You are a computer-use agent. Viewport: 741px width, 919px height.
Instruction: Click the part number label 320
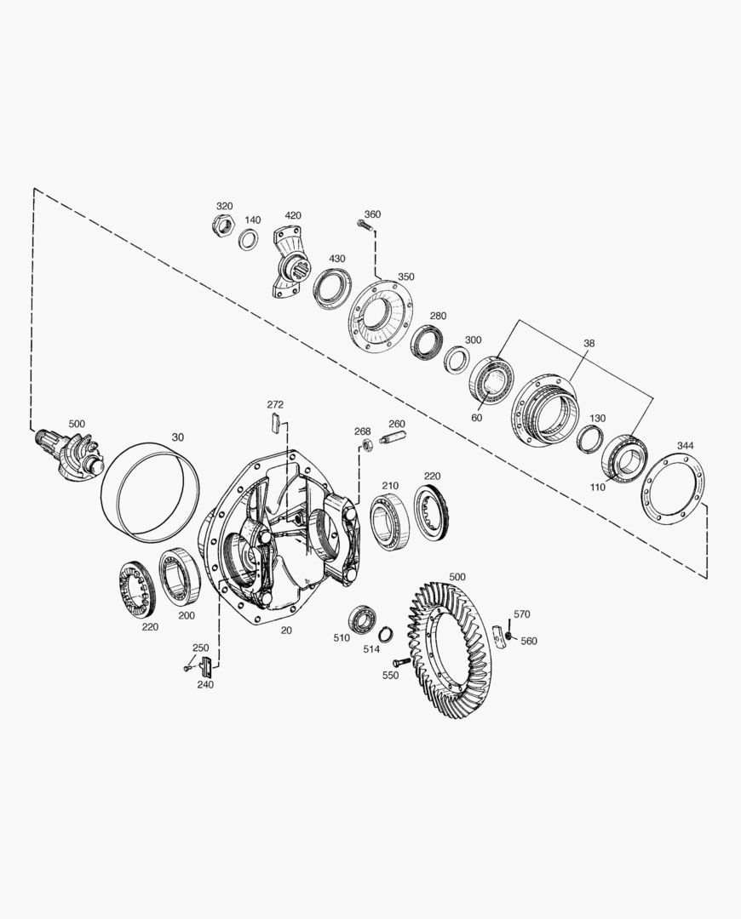pyautogui.click(x=224, y=207)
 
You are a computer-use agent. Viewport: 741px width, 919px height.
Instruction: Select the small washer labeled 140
pyautogui.click(x=249, y=240)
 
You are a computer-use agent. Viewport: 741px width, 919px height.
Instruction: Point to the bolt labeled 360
pyautogui.click(x=365, y=226)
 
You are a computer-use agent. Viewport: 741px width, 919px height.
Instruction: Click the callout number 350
pyautogui.click(x=405, y=277)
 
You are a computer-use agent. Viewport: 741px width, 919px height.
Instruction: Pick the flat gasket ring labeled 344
pyautogui.click(x=674, y=488)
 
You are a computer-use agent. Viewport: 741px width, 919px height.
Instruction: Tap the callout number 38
pyautogui.click(x=589, y=343)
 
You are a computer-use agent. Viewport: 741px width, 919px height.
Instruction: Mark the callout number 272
pyautogui.click(x=275, y=404)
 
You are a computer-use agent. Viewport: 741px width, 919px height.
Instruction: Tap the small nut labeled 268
pyautogui.click(x=365, y=445)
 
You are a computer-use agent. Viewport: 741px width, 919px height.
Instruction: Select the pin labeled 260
pyautogui.click(x=394, y=439)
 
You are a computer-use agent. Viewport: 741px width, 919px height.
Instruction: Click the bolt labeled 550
pyautogui.click(x=400, y=662)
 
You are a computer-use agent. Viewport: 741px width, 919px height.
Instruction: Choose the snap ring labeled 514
pyautogui.click(x=386, y=634)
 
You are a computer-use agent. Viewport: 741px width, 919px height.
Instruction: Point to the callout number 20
pyautogui.click(x=286, y=631)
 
